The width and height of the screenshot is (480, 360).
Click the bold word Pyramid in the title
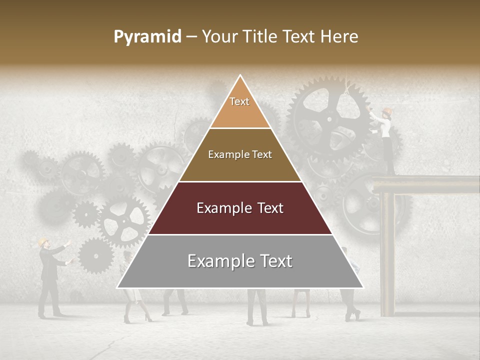(147, 37)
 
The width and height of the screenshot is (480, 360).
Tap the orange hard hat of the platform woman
(386, 111)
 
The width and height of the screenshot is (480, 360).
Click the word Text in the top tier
(239, 101)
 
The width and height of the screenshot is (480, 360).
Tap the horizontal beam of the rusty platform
(425, 184)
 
